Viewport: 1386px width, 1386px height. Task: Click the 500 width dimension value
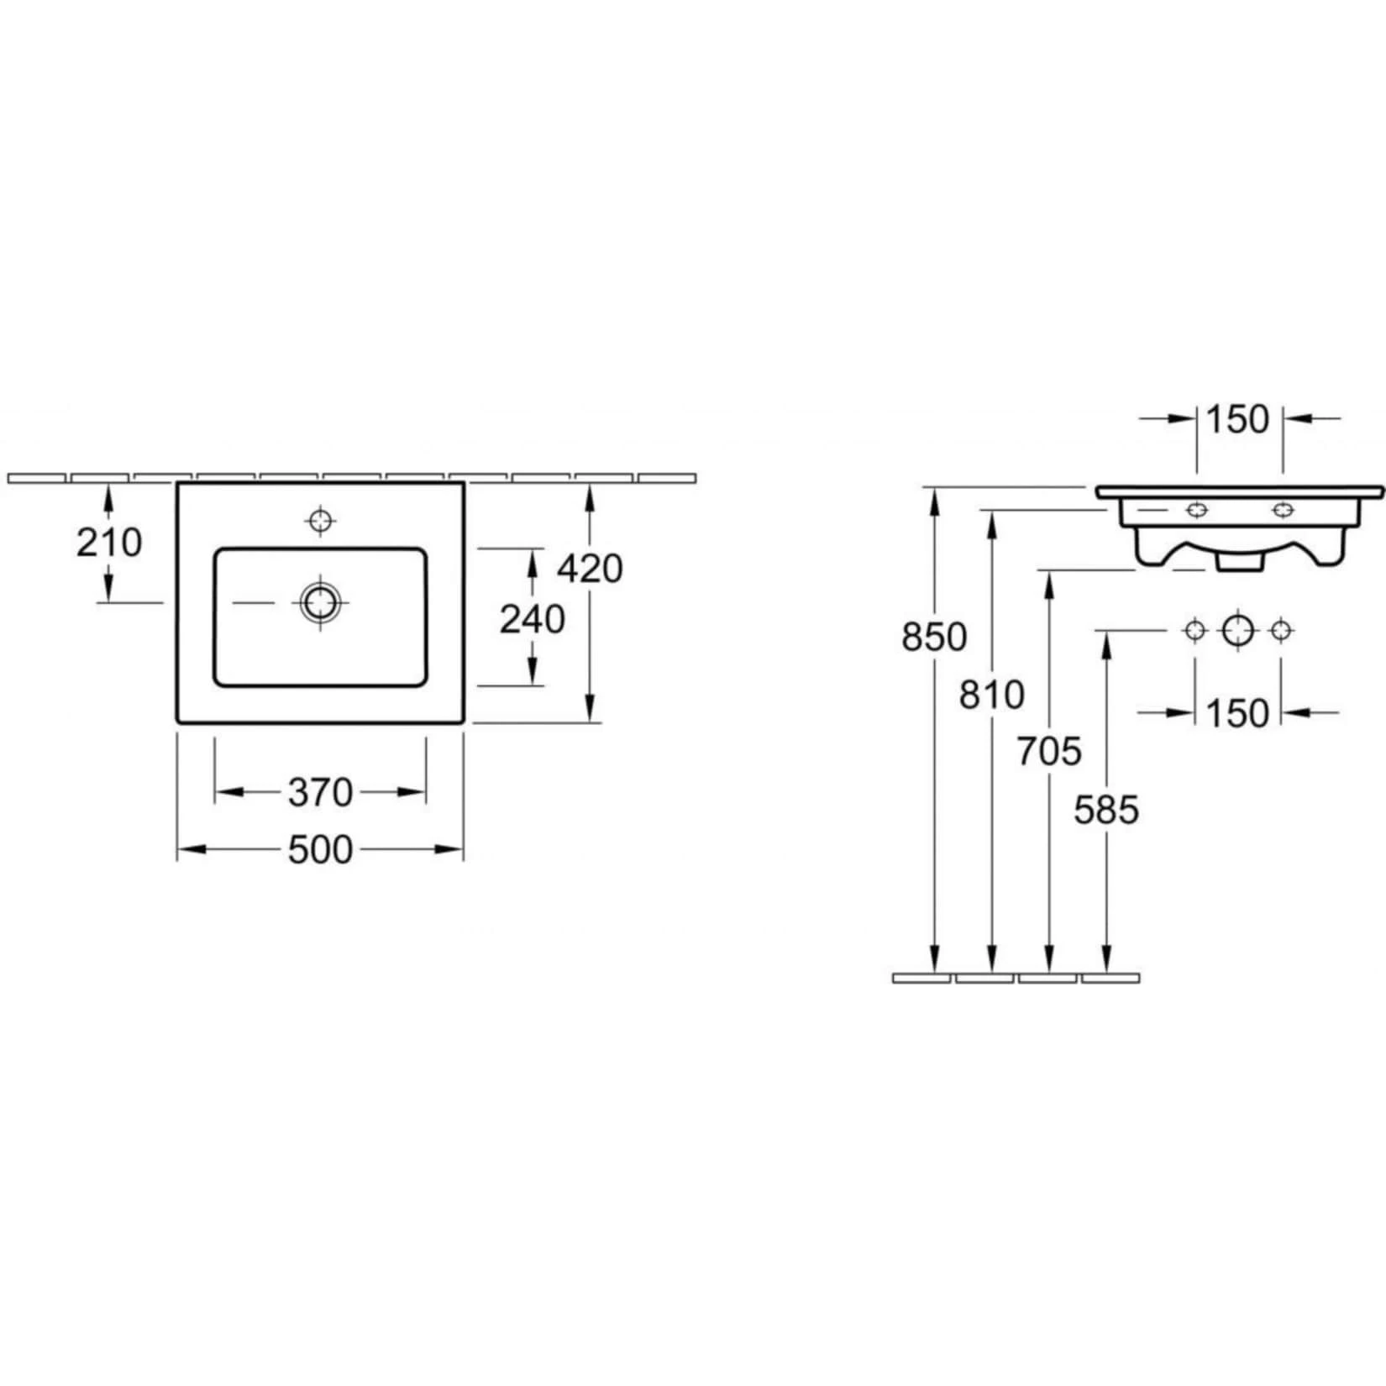(x=320, y=850)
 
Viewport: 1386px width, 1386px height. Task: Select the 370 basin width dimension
(x=320, y=792)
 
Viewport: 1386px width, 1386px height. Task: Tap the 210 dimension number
(x=109, y=543)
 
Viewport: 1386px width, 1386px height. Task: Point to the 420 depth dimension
(x=590, y=569)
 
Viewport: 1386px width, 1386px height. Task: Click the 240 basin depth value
(x=533, y=620)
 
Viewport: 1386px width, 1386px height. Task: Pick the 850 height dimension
(x=934, y=637)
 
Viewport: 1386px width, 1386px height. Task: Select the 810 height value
(x=992, y=695)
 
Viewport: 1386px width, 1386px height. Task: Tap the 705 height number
(x=1049, y=751)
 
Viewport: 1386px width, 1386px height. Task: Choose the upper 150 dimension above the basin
(x=1238, y=419)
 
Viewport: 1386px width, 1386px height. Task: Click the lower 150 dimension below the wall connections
(x=1238, y=713)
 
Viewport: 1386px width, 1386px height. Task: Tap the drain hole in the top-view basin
(x=320, y=602)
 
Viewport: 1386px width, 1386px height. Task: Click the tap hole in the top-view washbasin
(x=320, y=522)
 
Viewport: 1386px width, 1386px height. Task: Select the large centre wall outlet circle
(x=1238, y=630)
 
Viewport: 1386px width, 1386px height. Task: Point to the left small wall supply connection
(x=1194, y=630)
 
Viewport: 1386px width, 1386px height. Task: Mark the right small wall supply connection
(x=1281, y=630)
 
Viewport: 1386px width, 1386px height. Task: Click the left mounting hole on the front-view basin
(x=1195, y=510)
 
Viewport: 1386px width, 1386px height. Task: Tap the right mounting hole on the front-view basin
(x=1282, y=510)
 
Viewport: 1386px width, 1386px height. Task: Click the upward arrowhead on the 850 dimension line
(x=934, y=499)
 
